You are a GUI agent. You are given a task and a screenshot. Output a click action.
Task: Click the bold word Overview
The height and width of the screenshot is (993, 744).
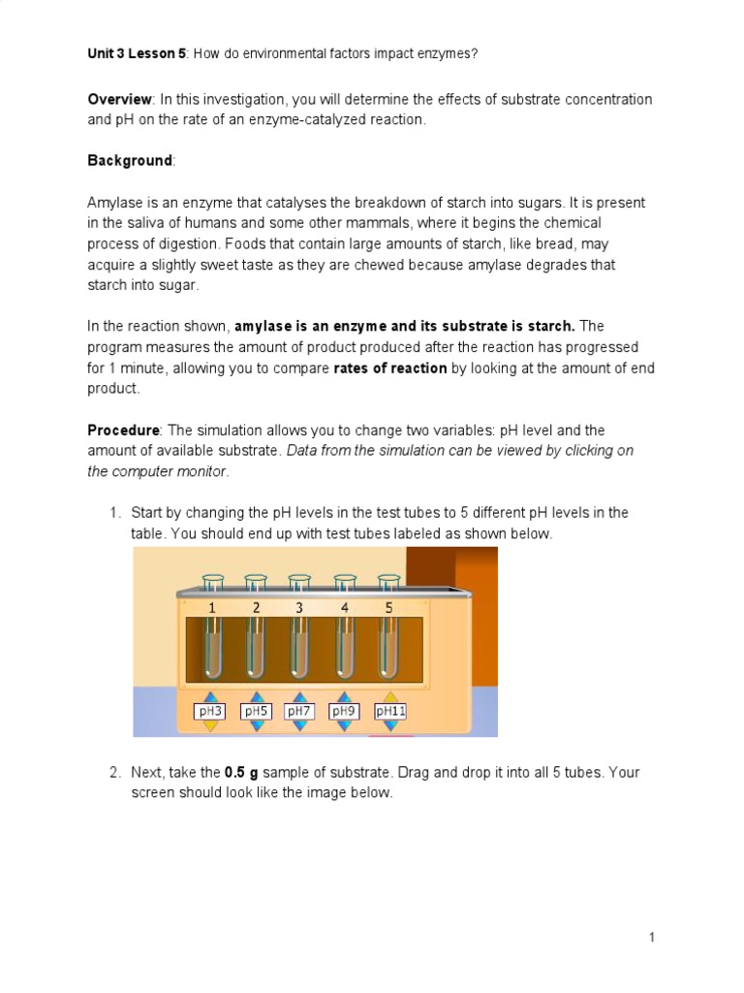(x=119, y=99)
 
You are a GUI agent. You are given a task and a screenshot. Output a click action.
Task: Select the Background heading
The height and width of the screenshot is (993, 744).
(x=129, y=160)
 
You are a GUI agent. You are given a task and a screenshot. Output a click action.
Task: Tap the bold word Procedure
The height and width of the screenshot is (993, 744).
(x=123, y=430)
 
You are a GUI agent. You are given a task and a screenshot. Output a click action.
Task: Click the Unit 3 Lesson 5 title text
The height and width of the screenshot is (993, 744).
(x=137, y=53)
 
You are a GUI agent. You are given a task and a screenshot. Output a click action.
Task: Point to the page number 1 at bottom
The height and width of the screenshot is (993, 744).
(x=653, y=937)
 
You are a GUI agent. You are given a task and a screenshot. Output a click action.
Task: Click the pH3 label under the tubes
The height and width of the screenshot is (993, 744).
(x=210, y=711)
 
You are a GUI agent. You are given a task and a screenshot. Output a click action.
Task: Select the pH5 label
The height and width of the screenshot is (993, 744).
(x=256, y=711)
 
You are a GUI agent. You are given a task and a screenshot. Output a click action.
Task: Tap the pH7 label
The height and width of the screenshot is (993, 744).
(x=299, y=711)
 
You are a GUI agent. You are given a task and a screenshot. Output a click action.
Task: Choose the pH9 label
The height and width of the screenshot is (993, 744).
(x=344, y=711)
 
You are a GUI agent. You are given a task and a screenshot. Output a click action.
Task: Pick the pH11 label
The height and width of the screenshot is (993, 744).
(x=389, y=711)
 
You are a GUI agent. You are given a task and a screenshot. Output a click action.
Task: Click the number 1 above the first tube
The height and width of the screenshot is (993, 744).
(x=211, y=607)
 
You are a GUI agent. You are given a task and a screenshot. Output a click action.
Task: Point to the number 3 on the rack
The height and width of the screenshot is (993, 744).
(x=299, y=607)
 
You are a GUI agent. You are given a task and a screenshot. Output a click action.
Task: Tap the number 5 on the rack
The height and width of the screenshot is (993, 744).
(x=389, y=607)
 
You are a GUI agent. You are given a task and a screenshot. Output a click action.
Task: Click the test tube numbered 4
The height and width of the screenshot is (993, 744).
(x=345, y=646)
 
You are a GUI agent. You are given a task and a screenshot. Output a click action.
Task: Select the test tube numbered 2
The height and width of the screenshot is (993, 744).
(x=256, y=646)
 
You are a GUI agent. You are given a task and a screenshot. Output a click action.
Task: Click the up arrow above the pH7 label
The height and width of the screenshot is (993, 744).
(x=299, y=696)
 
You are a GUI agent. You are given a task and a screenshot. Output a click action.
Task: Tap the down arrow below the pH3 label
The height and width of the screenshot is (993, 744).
(x=210, y=725)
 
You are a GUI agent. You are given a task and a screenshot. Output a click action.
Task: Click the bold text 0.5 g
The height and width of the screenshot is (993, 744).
(x=241, y=773)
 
